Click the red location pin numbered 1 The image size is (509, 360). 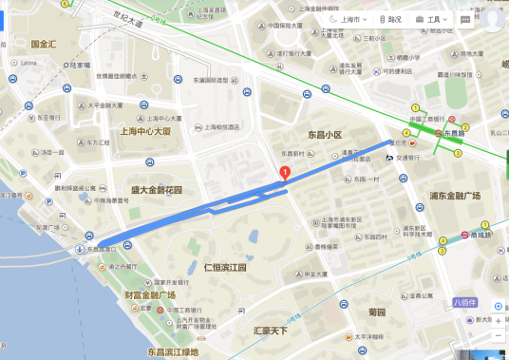[284, 173]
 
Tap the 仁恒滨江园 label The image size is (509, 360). [224, 268]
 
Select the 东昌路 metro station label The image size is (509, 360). [460, 134]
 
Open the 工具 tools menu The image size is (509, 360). [437, 19]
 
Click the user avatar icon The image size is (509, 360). [491, 17]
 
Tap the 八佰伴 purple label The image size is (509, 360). [464, 302]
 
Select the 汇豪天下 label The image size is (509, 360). [270, 331]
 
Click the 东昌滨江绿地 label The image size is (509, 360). [173, 352]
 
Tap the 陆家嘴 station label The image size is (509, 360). [78, 66]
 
